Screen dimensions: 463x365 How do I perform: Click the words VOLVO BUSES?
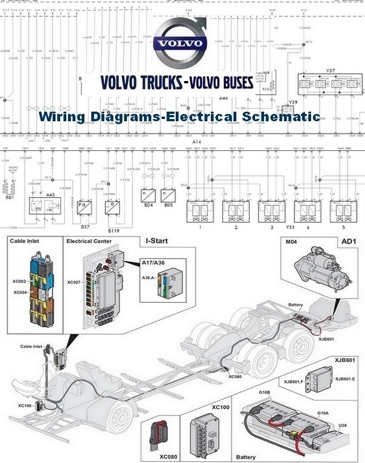221,82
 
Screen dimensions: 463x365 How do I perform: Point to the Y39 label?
293,102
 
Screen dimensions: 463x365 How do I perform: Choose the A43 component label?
50,196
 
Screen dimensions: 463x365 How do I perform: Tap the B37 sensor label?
85,226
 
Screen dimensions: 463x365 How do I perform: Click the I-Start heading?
157,241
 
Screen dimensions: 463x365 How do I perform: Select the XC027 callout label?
74,282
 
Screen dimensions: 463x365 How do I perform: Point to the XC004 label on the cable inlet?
19,292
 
